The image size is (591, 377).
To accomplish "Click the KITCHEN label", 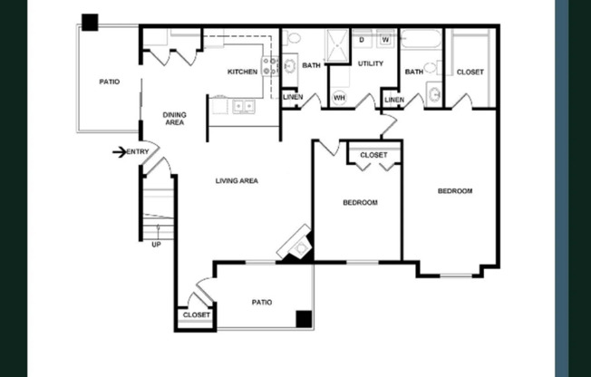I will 242,72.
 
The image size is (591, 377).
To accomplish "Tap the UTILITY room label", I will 371,63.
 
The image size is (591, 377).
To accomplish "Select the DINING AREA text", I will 174,119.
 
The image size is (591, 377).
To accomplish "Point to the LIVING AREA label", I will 237,181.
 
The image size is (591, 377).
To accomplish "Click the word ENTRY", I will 138,151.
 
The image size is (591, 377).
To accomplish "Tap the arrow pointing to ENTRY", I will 119,151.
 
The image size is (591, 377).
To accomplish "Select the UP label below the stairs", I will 156,243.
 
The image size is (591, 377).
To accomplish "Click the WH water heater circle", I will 339,97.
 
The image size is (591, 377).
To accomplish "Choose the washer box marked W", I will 384,40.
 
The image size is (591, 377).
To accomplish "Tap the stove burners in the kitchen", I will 269,65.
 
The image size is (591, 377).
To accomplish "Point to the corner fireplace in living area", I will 297,244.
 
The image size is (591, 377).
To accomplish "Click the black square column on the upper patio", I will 90,23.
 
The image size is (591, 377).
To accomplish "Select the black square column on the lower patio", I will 304,318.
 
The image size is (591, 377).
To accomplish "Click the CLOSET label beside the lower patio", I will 196,315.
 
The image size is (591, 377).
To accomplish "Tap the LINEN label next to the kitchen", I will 292,97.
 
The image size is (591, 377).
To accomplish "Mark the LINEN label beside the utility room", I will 393,99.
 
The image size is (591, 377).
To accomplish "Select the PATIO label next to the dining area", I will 109,82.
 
